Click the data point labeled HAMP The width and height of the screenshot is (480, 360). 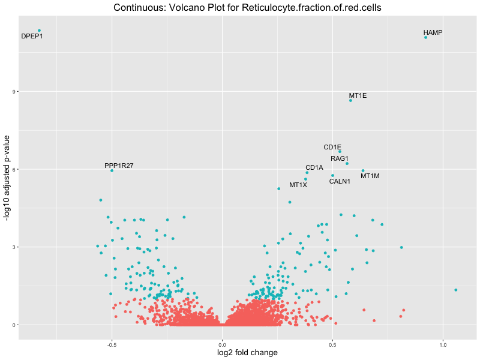pyautogui.click(x=425, y=37)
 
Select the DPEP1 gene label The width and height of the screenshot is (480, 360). pyautogui.click(x=32, y=37)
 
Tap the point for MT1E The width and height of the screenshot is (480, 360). pyautogui.click(x=350, y=100)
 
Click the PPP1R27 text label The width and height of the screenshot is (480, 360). pyautogui.click(x=119, y=166)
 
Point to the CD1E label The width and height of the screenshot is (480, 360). pyautogui.click(x=332, y=147)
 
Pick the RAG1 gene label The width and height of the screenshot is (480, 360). pyautogui.click(x=340, y=158)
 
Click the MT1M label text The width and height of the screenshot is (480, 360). pyautogui.click(x=370, y=176)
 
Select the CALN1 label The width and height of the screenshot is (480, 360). pyautogui.click(x=340, y=181)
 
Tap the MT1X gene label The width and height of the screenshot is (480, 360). pyautogui.click(x=298, y=185)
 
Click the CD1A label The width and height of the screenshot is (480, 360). pyautogui.click(x=314, y=167)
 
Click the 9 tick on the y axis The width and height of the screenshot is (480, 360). pyautogui.click(x=14, y=92)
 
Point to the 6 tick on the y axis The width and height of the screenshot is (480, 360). pyautogui.click(x=14, y=169)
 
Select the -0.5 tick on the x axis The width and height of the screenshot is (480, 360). pyautogui.click(x=112, y=345)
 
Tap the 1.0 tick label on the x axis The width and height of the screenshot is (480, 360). pyautogui.click(x=443, y=345)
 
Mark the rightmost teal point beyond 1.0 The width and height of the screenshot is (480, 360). pyautogui.click(x=456, y=290)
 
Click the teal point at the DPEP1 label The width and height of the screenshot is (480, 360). pyautogui.click(x=39, y=31)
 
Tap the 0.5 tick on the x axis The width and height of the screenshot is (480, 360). pyautogui.click(x=332, y=345)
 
